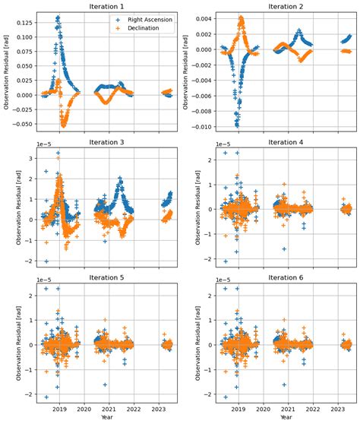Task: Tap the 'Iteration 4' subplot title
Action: tap(283, 142)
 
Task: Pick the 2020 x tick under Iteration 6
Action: tap(264, 408)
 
